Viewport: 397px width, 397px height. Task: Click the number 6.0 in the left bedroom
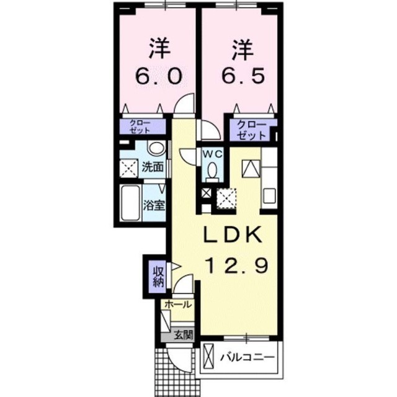(159, 76)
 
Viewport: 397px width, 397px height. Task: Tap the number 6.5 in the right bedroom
(243, 76)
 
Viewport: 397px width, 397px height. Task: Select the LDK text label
(233, 234)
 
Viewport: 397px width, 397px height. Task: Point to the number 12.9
(238, 265)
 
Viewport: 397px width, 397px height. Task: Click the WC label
(213, 153)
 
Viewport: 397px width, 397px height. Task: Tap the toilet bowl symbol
(212, 171)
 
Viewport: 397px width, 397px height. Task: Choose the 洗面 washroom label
(152, 167)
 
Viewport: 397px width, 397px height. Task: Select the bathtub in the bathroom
(131, 203)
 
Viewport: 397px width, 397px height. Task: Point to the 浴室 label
(154, 205)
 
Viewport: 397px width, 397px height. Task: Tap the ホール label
(178, 305)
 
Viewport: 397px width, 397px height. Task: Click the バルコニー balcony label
(248, 357)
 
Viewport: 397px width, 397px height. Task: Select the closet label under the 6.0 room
(140, 127)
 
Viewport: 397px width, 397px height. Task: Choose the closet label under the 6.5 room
(252, 130)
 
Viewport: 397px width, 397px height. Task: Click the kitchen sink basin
(269, 196)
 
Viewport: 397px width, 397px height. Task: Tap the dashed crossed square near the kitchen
(226, 198)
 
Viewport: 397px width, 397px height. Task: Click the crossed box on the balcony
(208, 357)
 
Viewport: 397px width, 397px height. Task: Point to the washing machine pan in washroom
(128, 169)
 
